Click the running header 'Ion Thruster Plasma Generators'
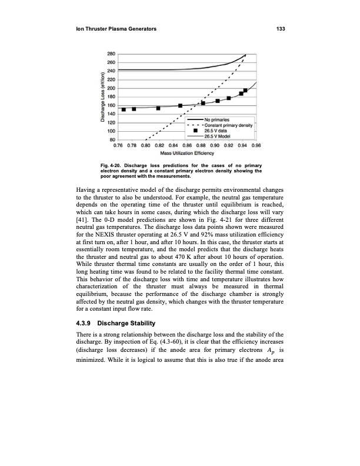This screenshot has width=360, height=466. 115,29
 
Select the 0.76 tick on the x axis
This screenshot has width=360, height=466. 118,144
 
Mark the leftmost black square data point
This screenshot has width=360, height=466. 124,109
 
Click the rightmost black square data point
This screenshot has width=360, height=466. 245,91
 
